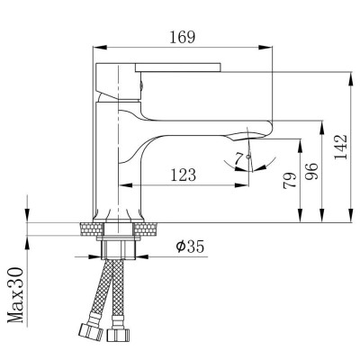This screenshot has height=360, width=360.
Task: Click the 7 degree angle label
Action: pos(238,159)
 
